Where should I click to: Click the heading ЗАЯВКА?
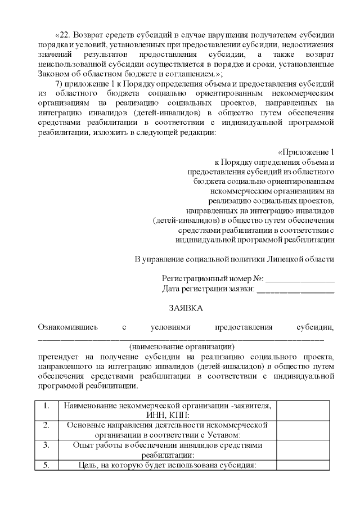click(x=186, y=308)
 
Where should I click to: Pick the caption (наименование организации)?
click(x=181, y=346)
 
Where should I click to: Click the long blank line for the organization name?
click(x=181, y=339)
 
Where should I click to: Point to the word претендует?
click(x=57, y=357)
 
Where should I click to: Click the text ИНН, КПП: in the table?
click(x=168, y=415)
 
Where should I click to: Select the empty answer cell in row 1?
click(x=303, y=410)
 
